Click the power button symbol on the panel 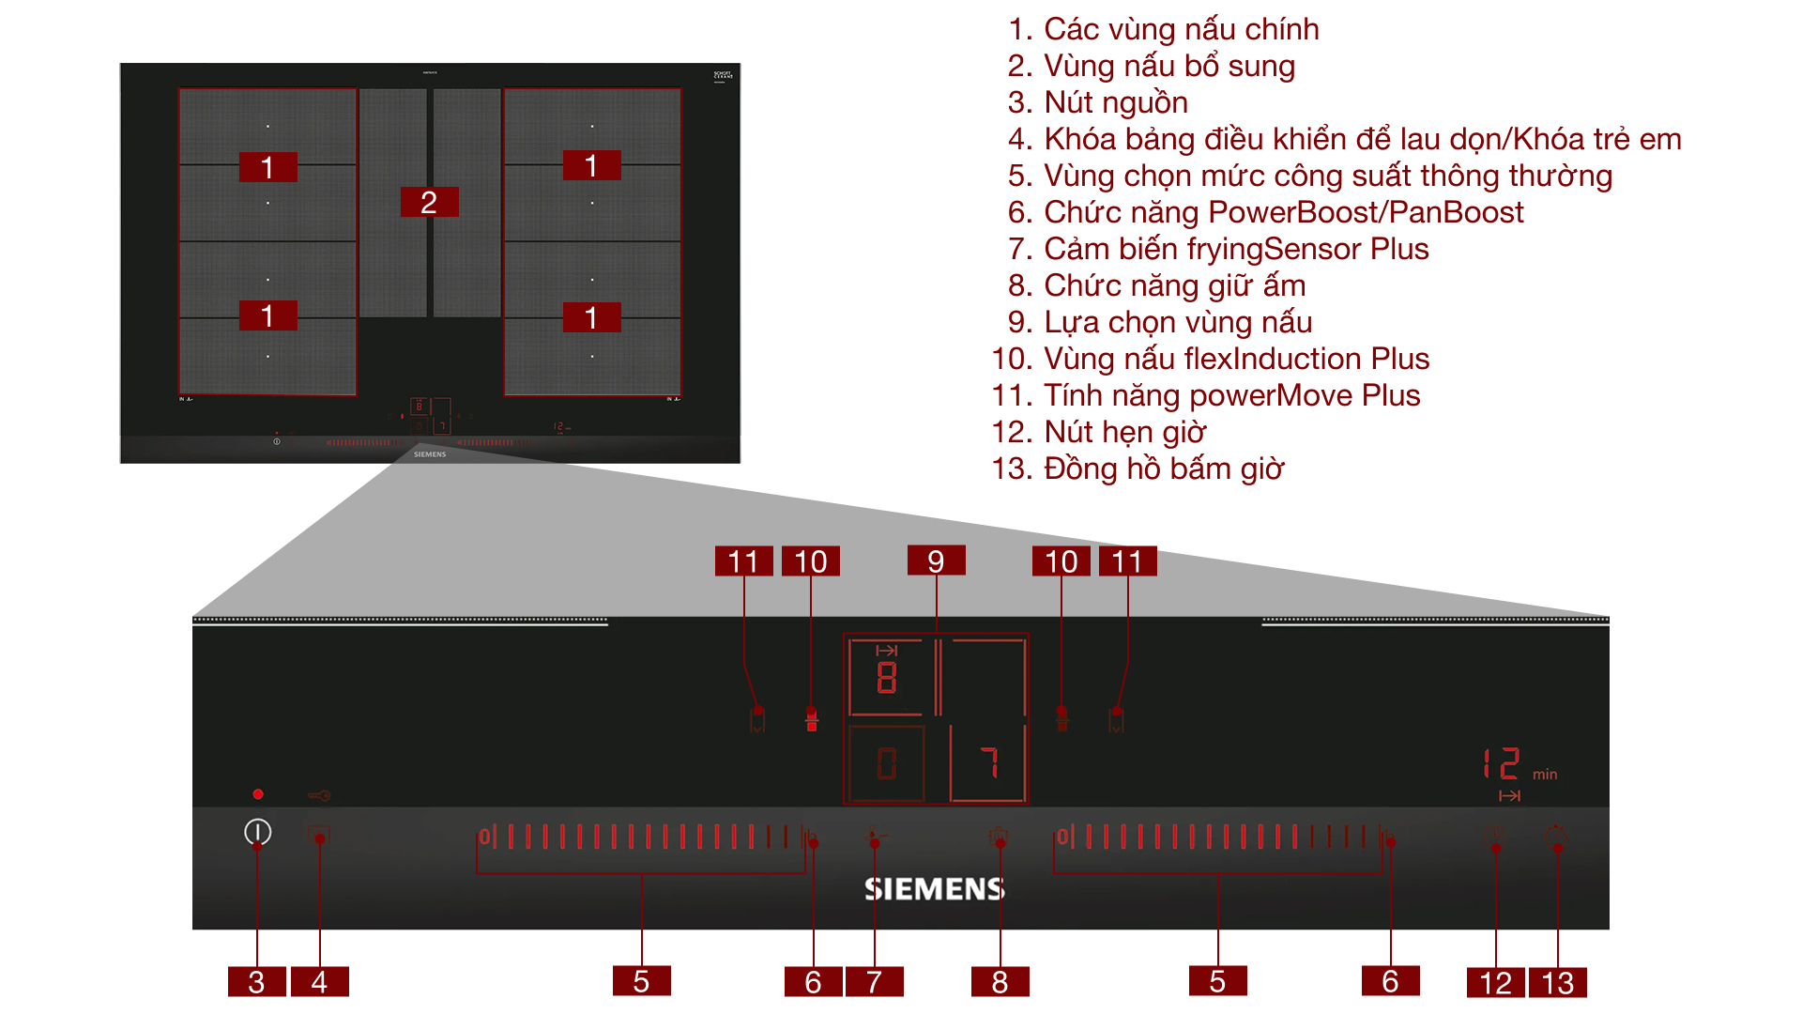coord(257,832)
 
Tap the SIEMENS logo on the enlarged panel coord(934,889)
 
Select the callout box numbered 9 coord(936,561)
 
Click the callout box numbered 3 coord(256,981)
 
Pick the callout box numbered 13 coord(1557,982)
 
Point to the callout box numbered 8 coord(1000,981)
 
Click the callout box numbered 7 coord(874,981)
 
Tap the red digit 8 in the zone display coord(886,677)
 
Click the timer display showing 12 coord(1502,764)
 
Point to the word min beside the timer coord(1545,775)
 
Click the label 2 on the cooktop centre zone coord(429,202)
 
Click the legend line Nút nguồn coord(1116,102)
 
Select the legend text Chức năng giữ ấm coord(1174,285)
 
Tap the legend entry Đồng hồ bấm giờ coord(1164,469)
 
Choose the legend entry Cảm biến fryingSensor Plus coord(1236,249)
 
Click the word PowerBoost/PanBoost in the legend coord(1366,212)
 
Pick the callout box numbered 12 coord(1495,982)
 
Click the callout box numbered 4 coord(319,981)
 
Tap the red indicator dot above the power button coord(258,794)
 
